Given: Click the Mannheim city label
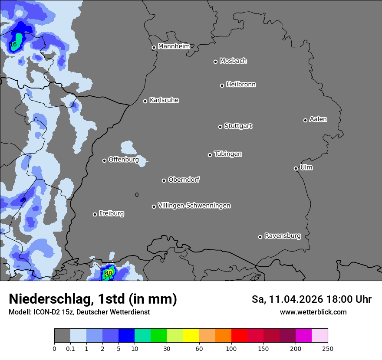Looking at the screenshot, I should coord(174,46).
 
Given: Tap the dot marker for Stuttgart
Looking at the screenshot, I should coord(220,127).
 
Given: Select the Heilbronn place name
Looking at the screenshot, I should coord(241,84).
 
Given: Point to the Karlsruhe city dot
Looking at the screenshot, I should coord(145,101).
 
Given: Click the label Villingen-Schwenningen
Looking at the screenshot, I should coord(194,205).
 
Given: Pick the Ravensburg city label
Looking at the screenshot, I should coord(283,236).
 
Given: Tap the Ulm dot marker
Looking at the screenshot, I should coord(296,168).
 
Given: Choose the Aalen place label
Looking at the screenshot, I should coord(318,119).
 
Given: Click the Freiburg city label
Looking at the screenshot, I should coord(111,213).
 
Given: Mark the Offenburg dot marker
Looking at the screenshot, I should coord(104,160).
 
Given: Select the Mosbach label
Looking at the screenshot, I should coord(233,61).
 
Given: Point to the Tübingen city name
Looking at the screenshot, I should coord(228,154).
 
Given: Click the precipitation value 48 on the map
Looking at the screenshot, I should coord(109,273).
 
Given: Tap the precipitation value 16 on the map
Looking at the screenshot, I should coord(13,44).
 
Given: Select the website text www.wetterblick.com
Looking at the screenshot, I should coord(313,312).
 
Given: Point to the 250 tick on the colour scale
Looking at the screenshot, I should coord(328,348).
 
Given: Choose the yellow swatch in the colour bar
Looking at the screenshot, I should coord(191,336).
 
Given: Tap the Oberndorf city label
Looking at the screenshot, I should coord(184,179).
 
